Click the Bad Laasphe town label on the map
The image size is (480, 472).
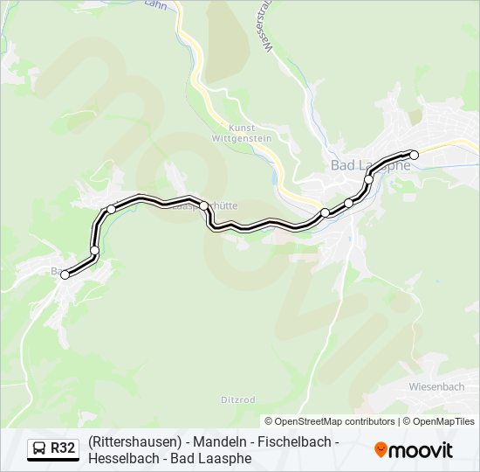pos(371,165)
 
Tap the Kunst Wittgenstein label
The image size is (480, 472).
pos(242,133)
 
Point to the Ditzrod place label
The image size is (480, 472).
pos(237,399)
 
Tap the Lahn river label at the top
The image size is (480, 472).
pos(155,4)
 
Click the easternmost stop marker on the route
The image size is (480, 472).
pos(415,155)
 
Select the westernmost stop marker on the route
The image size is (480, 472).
pos(65,275)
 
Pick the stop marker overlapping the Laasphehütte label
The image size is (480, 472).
pos(204,206)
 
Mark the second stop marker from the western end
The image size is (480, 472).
pos(95,251)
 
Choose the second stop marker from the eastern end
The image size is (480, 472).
pos(369,179)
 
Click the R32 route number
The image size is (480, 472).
pos(63,448)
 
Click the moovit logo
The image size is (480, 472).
pos(414,449)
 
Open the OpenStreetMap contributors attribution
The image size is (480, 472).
pos(331,421)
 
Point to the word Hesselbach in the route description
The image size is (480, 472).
pos(120,458)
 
